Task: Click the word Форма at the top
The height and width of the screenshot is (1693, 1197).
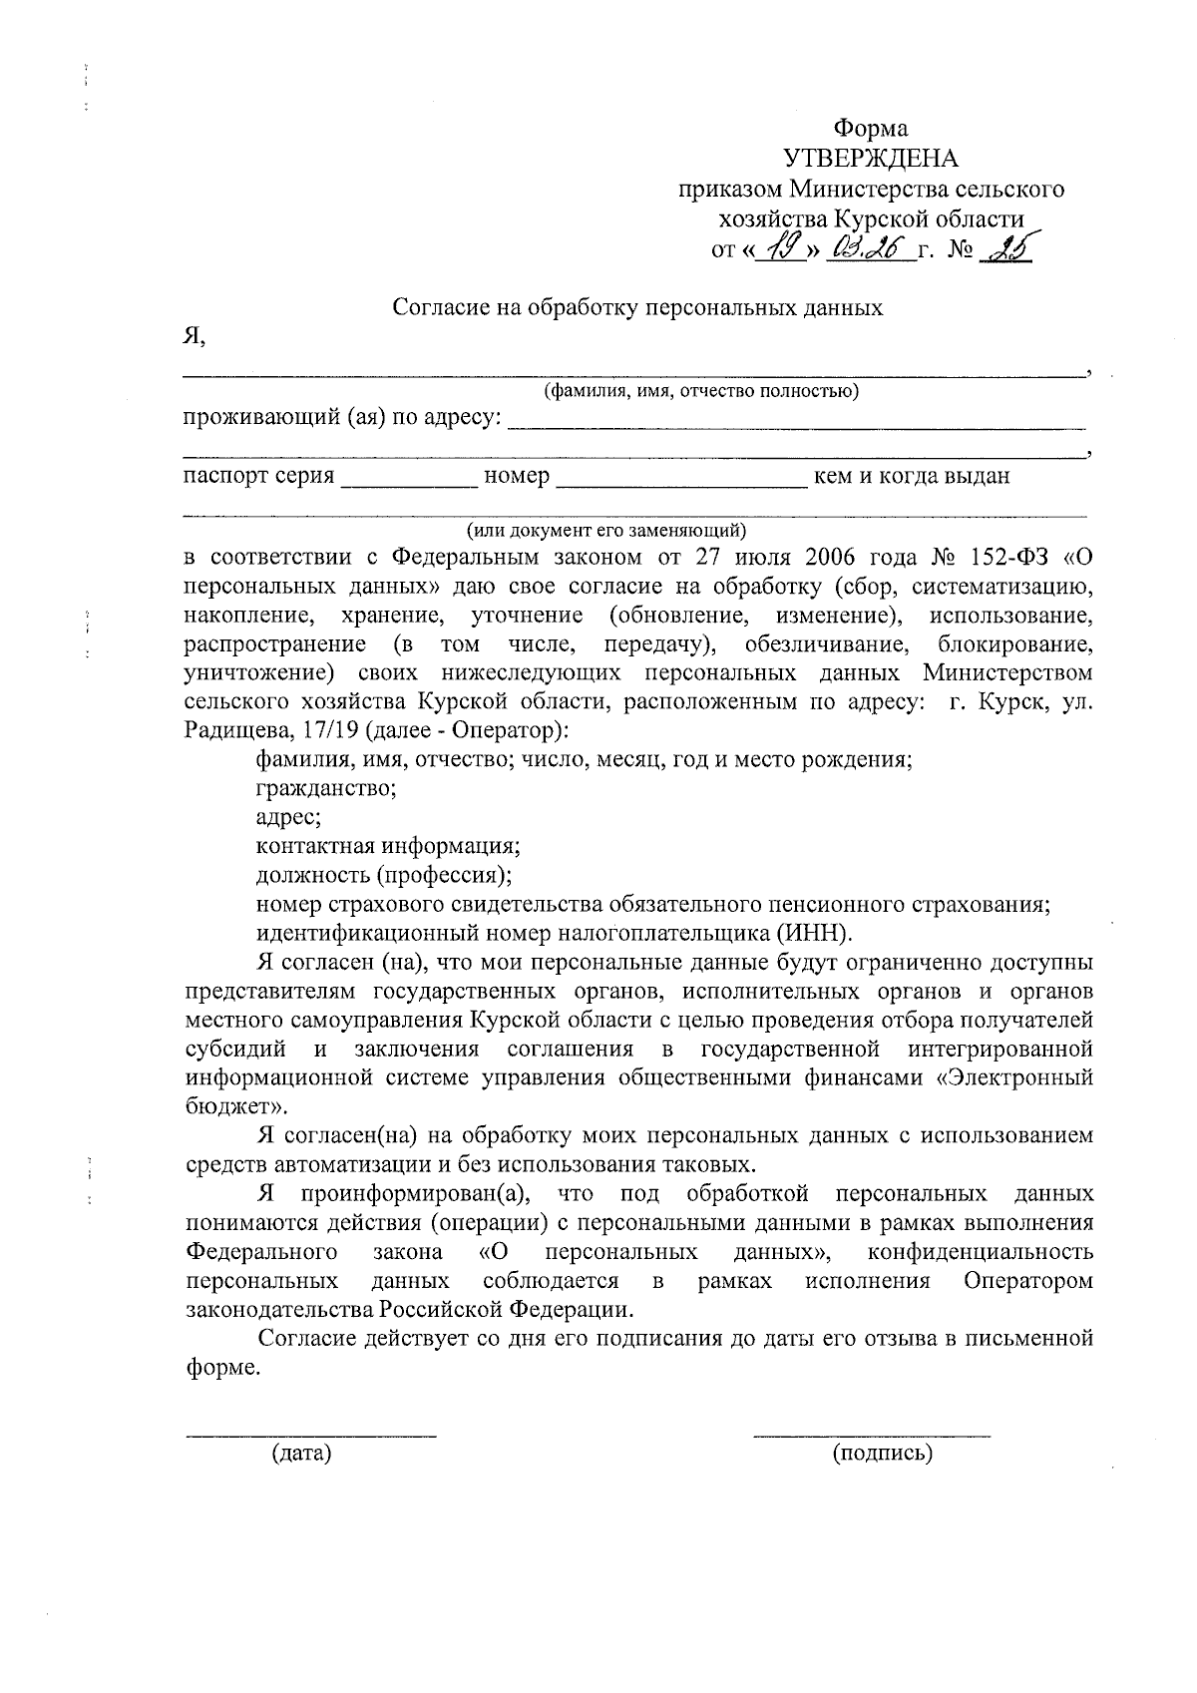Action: [871, 129]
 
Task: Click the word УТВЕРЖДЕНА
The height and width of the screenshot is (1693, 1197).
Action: [870, 159]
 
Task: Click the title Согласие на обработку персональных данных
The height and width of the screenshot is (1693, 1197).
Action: [637, 307]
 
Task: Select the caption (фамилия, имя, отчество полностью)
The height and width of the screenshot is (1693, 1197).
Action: [700, 391]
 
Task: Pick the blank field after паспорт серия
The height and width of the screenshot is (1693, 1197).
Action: [409, 482]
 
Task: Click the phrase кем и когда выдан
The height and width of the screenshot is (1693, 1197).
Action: [913, 476]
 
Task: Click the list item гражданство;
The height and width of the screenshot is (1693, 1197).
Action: [326, 788]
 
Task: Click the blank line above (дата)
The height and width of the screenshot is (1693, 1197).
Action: [311, 1433]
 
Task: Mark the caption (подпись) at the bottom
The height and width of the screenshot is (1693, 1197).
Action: [882, 1454]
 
